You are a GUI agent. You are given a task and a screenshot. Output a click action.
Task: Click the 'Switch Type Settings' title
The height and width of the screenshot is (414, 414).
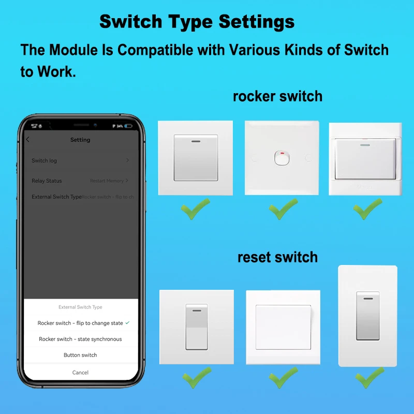tap(197, 22)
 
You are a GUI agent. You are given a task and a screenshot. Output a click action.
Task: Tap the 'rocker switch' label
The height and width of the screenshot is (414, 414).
tap(277, 96)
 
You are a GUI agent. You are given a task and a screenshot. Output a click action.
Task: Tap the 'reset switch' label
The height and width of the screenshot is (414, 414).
tap(277, 257)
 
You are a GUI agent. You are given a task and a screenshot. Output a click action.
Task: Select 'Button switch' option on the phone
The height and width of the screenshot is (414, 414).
tap(80, 355)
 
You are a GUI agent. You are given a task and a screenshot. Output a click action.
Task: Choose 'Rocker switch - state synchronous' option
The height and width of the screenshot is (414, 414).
tap(80, 339)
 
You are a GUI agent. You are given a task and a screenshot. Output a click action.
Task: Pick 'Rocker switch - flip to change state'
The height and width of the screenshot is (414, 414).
tap(80, 323)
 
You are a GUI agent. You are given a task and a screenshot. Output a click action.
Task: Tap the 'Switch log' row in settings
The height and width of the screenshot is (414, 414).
tap(45, 160)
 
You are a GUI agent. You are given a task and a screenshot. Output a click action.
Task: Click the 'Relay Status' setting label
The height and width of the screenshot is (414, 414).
tap(47, 181)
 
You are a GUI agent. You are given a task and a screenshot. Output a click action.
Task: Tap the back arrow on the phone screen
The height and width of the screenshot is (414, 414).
tap(28, 140)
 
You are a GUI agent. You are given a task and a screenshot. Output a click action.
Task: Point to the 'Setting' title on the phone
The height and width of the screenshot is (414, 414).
tap(80, 140)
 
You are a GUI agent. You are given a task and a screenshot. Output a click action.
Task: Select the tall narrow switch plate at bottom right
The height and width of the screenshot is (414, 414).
tap(367, 316)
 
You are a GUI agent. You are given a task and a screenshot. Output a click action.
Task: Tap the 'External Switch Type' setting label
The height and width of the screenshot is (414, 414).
tap(56, 197)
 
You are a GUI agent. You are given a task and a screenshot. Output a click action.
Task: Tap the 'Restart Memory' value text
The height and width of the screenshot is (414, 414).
tap(107, 181)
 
